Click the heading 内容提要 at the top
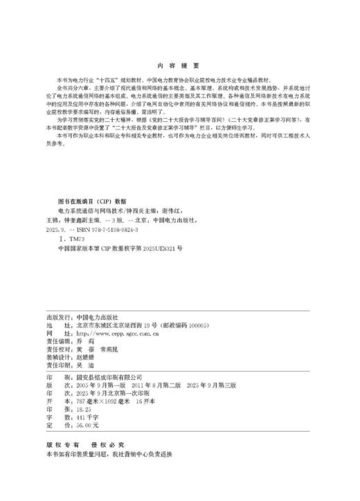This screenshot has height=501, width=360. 179,60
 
